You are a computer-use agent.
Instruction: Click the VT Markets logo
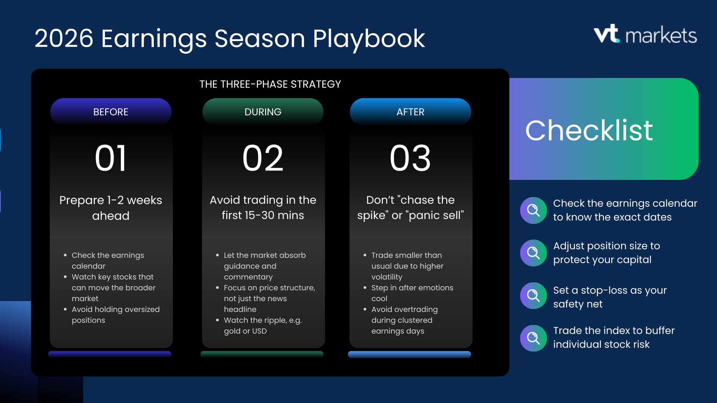pyautogui.click(x=645, y=34)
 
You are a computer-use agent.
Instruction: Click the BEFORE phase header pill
pyautogui.click(x=111, y=112)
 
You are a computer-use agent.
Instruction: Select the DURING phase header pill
pyautogui.click(x=263, y=112)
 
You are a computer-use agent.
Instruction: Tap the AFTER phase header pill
pyautogui.click(x=410, y=112)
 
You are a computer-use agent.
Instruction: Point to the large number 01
pyautogui.click(x=111, y=158)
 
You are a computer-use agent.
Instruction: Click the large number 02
pyautogui.click(x=263, y=158)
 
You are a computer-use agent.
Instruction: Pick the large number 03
pyautogui.click(x=410, y=158)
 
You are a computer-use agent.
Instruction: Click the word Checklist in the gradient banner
pyautogui.click(x=589, y=130)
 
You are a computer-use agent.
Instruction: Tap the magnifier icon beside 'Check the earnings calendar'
pyautogui.click(x=534, y=210)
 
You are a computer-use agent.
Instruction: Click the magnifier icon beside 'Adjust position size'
pyautogui.click(x=534, y=253)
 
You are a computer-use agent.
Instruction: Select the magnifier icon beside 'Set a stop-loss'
pyautogui.click(x=534, y=296)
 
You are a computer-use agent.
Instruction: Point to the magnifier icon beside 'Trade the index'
pyautogui.click(x=534, y=338)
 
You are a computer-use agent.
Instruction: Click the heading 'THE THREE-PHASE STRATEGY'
pyautogui.click(x=270, y=84)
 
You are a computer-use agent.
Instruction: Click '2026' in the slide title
pyautogui.click(x=64, y=38)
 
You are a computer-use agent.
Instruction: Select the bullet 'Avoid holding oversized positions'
pyautogui.click(x=112, y=315)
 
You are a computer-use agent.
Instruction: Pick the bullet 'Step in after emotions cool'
pyautogui.click(x=409, y=293)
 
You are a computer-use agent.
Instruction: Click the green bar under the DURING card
pyautogui.click(x=262, y=354)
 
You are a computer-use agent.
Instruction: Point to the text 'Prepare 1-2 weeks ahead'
pyautogui.click(x=111, y=208)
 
